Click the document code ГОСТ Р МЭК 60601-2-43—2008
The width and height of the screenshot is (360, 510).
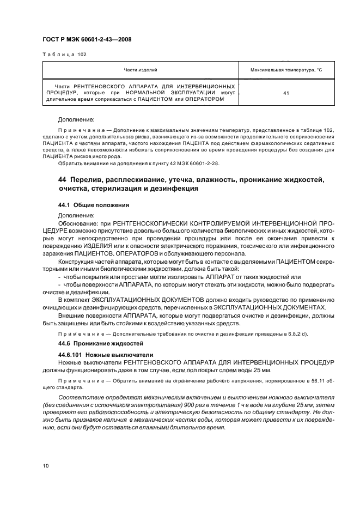coord(87,39)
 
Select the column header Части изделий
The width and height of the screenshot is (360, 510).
coord(141,71)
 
